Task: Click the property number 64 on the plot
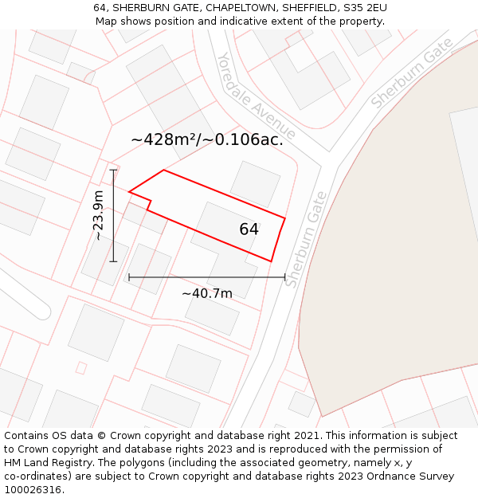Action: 249,229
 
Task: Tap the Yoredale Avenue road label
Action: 257,96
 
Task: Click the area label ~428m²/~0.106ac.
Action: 207,140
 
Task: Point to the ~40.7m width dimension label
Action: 207,293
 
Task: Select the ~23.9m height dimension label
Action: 97,215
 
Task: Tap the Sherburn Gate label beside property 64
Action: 307,239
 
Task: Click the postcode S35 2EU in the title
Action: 366,7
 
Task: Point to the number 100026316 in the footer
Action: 34,490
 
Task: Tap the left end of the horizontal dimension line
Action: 129,277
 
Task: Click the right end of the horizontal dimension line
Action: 285,277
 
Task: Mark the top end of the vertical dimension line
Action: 113,170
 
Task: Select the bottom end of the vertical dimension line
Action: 113,261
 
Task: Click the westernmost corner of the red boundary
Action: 129,191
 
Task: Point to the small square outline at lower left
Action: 80,367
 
